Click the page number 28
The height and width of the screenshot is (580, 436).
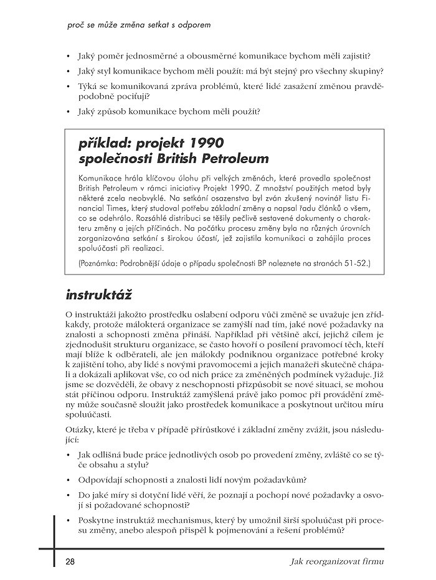tap(70, 562)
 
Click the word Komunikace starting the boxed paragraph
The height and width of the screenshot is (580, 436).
tap(102, 177)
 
